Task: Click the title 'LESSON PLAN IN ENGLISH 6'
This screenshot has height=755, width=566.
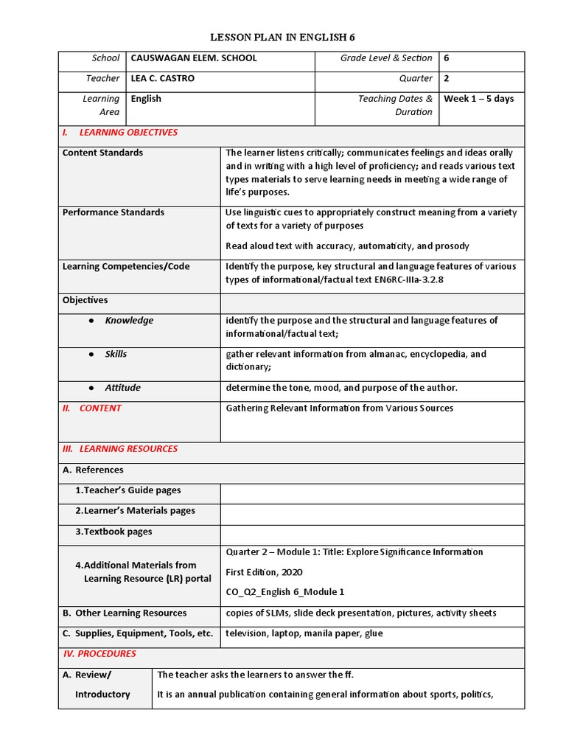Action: click(283, 37)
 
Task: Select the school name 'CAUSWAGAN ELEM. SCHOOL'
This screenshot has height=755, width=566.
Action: click(194, 58)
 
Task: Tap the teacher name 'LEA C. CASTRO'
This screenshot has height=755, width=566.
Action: click(162, 78)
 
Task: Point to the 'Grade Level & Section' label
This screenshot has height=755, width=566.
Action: click(386, 58)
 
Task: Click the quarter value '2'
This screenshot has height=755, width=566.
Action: click(447, 78)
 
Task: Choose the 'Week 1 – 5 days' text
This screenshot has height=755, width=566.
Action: click(478, 99)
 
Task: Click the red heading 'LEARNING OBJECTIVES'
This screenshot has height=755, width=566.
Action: click(128, 133)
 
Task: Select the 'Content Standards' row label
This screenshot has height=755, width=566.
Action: click(102, 153)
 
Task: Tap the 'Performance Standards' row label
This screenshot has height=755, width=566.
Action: click(113, 212)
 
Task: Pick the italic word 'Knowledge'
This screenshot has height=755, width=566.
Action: click(129, 321)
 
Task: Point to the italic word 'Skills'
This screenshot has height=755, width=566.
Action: click(116, 355)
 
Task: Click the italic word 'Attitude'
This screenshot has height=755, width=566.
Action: click(122, 388)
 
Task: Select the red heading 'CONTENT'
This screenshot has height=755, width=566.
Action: click(100, 408)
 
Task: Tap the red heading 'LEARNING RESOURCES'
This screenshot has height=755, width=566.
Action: click(128, 449)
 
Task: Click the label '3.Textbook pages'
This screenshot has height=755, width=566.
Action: click(113, 532)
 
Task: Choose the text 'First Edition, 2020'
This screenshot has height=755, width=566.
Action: click(264, 572)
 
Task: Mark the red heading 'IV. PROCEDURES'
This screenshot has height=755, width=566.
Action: click(99, 654)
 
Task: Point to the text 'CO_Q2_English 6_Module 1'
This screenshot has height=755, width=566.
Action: click(284, 592)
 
